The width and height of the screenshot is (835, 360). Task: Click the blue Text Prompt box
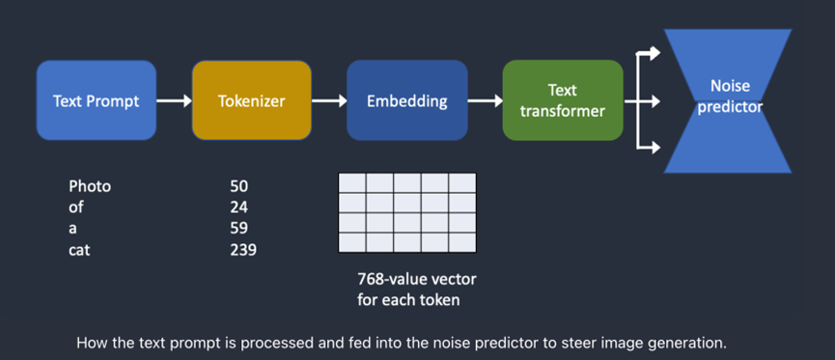[97, 100]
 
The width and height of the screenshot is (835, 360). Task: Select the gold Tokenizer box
[251, 100]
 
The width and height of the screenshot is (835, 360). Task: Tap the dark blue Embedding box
[406, 100]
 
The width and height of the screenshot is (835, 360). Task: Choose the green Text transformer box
[563, 100]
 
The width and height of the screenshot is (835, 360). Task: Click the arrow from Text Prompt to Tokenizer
[174, 100]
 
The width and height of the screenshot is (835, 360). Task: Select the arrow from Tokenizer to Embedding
[329, 100]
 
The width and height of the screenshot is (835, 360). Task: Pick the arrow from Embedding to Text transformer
[485, 100]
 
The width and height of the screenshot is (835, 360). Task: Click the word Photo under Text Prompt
[90, 186]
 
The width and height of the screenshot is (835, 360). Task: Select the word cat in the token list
[80, 250]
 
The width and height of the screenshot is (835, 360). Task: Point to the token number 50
[238, 186]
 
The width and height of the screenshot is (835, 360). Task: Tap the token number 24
[238, 208]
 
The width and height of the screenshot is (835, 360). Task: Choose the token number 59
[238, 229]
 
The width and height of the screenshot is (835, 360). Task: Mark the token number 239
[243, 250]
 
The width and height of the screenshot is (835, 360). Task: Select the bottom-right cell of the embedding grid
[461, 241]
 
